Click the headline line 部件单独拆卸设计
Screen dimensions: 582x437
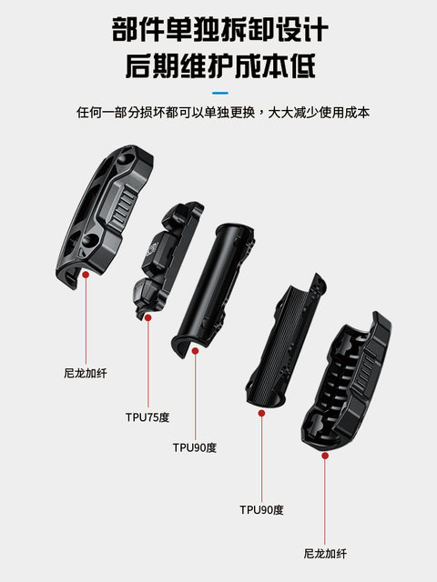pyautogui.click(x=218, y=29)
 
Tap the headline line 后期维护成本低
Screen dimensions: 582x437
pyautogui.click(x=218, y=67)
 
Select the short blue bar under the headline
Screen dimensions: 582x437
pyautogui.click(x=218, y=93)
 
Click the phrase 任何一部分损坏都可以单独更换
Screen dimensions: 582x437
pyautogui.click(x=167, y=114)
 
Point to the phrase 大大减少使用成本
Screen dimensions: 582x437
pyautogui.click(x=318, y=114)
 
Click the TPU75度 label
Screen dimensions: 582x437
pyautogui.click(x=147, y=417)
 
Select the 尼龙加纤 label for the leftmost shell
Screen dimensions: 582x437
pyautogui.click(x=85, y=372)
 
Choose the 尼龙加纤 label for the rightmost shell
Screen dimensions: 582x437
pyautogui.click(x=325, y=553)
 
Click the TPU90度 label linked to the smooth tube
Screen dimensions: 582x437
pyautogui.click(x=195, y=447)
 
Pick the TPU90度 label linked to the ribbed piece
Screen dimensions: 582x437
pyautogui.click(x=261, y=509)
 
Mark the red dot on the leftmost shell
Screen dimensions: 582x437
pyautogui.click(x=85, y=272)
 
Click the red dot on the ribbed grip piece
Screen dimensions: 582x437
pyautogui.click(x=261, y=412)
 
